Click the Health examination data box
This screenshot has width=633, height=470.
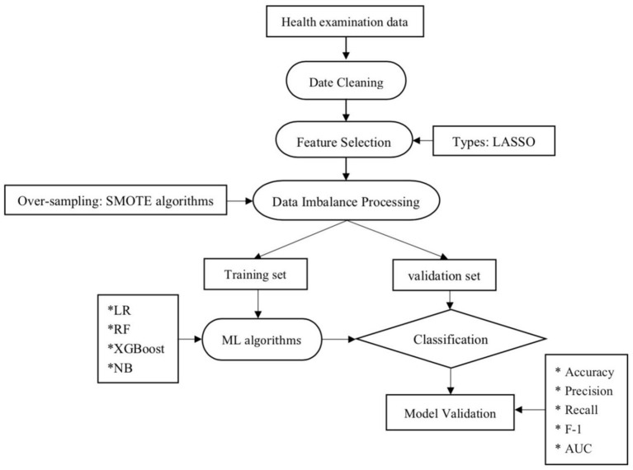coord(345,21)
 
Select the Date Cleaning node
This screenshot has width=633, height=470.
coord(346,80)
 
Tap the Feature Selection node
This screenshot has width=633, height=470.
coord(344,140)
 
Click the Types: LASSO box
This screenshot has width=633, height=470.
coord(494,141)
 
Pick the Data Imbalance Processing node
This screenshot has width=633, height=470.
coord(346,200)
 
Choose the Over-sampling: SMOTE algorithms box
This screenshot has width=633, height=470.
coord(116,200)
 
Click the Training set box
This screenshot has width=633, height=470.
coord(256,274)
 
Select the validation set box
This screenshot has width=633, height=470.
coord(445,275)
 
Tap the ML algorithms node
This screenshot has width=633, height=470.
coord(262,339)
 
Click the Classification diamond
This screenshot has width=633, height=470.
coord(451,339)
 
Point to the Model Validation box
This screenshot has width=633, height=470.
coord(450,412)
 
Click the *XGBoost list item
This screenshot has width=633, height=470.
coord(136,348)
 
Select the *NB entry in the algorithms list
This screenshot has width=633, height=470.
coord(120,368)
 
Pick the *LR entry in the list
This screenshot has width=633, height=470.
coord(119,310)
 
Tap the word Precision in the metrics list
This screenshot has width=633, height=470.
coord(588,391)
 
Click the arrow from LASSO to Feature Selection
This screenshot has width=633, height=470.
coord(423,141)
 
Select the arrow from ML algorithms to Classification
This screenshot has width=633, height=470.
coord(338,339)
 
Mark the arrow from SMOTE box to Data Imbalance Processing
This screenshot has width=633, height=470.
coord(240,200)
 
